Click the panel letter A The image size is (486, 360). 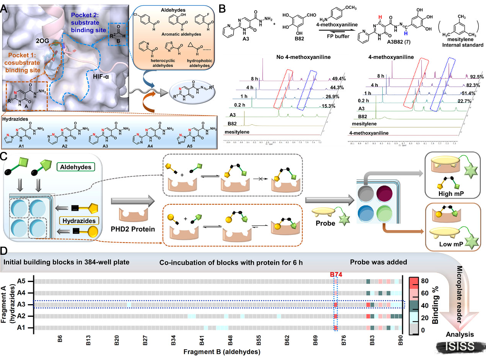[x=6, y=8]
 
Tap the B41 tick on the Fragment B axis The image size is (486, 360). [x=202, y=340]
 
